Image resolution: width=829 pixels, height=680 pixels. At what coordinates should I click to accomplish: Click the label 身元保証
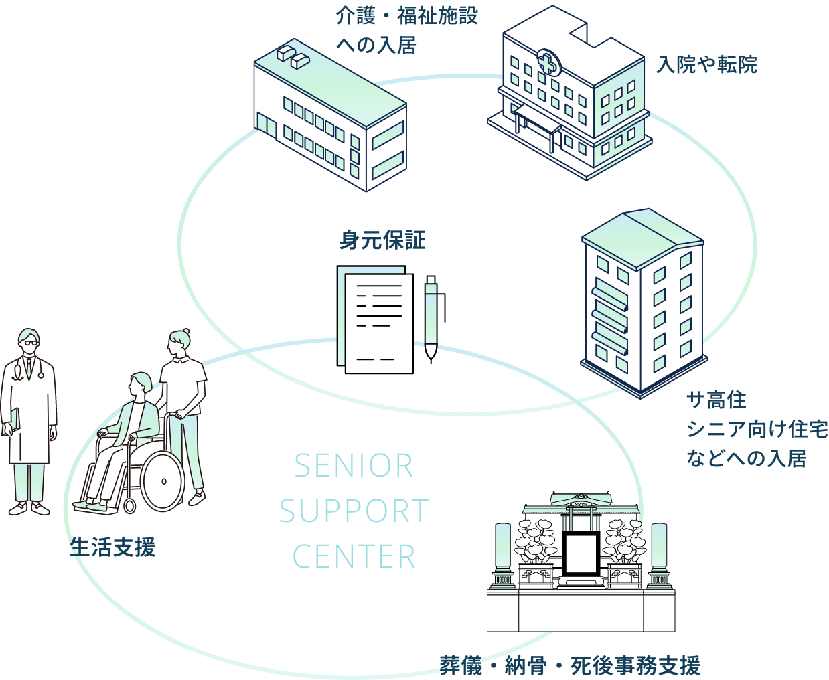coord(382,240)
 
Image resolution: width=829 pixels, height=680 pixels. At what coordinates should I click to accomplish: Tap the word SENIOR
coord(354,466)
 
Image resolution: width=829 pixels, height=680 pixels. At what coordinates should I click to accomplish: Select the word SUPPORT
coord(354,511)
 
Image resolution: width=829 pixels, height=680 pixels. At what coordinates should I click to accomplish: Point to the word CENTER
coord(354,557)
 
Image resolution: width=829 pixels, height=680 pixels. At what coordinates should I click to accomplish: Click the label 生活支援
coord(112,547)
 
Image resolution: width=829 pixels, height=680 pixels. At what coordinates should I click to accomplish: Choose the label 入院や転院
coord(706,64)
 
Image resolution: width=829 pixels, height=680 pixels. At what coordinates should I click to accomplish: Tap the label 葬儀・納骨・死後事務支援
coord(570,665)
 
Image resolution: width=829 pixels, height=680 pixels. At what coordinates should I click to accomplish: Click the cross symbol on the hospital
coord(548,63)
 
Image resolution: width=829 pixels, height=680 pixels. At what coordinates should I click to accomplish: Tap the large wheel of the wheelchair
coord(162,481)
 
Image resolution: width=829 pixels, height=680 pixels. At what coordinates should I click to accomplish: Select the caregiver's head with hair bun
coord(179,342)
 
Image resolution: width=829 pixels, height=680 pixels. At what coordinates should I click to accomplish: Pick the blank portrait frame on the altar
coord(580,554)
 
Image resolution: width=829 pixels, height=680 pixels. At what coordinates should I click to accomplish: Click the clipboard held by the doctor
coord(11,421)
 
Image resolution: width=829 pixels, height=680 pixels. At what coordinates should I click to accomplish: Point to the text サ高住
coord(716,400)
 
